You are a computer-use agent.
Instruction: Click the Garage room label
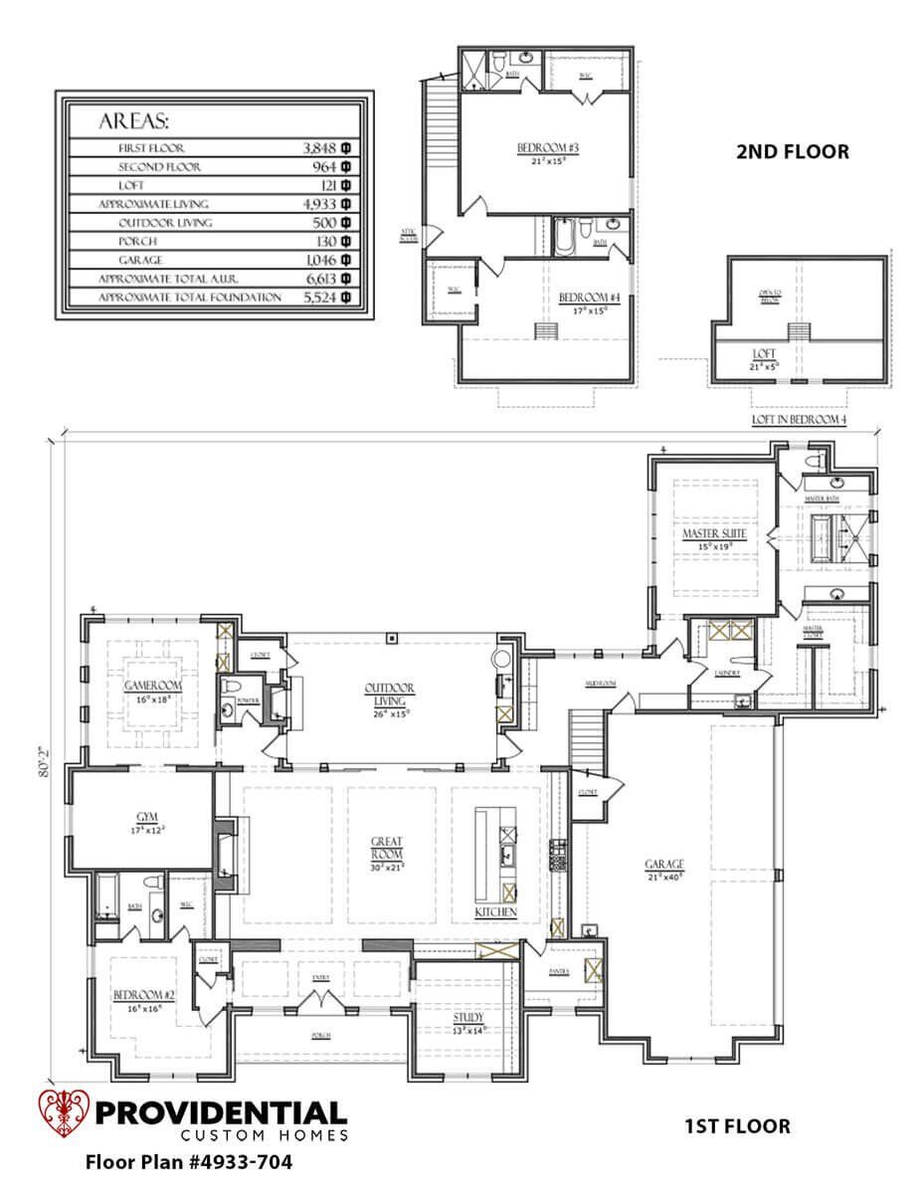click(x=663, y=864)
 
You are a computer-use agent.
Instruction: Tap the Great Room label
click(x=387, y=848)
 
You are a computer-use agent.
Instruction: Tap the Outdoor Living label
click(x=390, y=694)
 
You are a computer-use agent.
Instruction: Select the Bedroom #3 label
click(x=540, y=149)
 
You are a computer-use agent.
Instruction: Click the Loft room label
click(x=764, y=353)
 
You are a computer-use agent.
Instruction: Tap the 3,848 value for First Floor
click(x=321, y=147)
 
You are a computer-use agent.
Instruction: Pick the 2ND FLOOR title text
click(x=792, y=152)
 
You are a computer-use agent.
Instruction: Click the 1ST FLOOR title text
click(x=737, y=1126)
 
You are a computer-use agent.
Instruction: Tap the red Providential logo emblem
click(x=63, y=1114)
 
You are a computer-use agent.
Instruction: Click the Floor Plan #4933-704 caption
click(x=189, y=1161)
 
